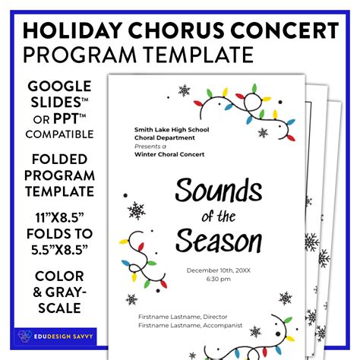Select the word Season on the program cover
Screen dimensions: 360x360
point(219,241)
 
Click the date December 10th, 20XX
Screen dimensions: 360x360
point(219,270)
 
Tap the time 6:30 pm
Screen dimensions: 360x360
point(219,279)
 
